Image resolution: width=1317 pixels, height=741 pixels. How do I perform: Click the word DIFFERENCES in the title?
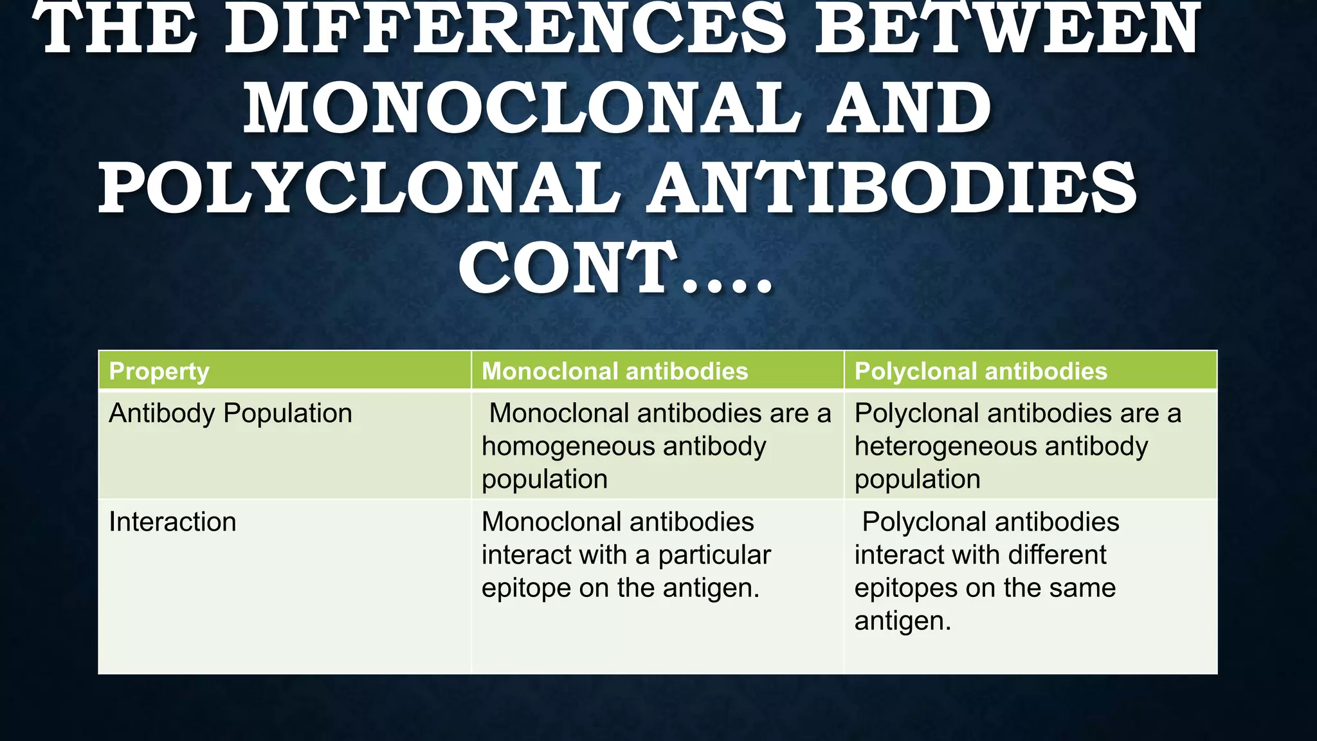click(505, 29)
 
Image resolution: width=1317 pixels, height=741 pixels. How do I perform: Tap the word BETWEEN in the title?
click(1006, 29)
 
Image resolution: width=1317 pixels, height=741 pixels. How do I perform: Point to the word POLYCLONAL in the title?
click(359, 188)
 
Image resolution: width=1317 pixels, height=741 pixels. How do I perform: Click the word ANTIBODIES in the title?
click(891, 188)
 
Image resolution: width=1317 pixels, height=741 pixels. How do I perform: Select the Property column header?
click(159, 371)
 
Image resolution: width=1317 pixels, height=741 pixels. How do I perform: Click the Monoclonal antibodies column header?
click(615, 371)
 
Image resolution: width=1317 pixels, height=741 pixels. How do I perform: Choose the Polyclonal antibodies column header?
click(981, 371)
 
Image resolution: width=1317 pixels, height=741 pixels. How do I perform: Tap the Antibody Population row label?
click(230, 413)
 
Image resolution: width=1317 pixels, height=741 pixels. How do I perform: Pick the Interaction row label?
click(172, 522)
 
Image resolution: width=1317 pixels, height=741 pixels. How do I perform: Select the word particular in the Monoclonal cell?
click(714, 554)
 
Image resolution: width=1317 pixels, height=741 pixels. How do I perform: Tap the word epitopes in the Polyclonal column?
click(904, 588)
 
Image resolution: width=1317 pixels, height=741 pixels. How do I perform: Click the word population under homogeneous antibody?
click(544, 480)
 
